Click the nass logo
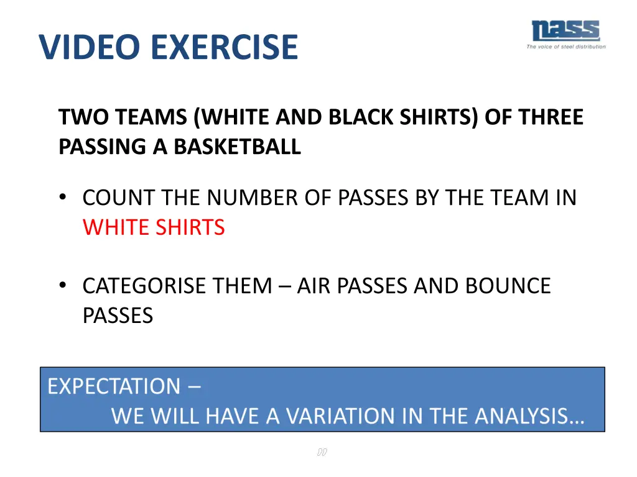coord(565,30)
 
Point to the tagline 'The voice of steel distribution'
coord(566,47)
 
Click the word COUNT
coord(119,198)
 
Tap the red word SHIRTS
coord(192,227)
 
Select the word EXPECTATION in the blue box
coord(113,386)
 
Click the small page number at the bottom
coord(322,452)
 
